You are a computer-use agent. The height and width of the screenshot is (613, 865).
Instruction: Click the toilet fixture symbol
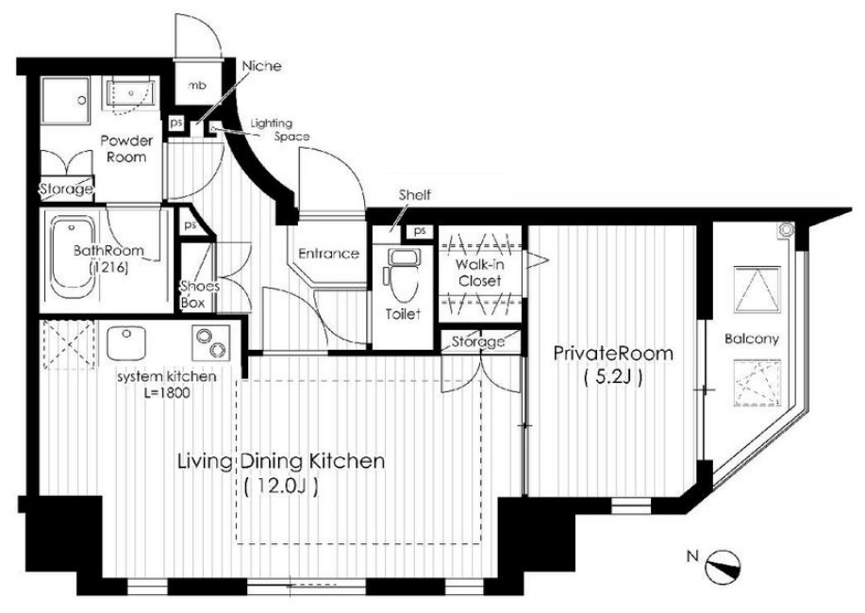pos(402,273)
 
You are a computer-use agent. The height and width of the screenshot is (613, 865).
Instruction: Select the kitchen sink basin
pos(125,342)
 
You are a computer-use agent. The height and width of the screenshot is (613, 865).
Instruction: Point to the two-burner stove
pos(210,342)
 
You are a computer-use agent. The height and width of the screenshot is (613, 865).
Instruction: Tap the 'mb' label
pos(197,86)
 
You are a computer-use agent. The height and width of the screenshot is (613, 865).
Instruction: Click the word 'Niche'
pos(261,66)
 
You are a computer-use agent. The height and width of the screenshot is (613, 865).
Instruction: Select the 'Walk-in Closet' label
pos(479,273)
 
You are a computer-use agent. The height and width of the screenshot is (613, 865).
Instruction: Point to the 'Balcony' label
pos(752,339)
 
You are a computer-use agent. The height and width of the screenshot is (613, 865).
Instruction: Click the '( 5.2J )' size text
pos(612,378)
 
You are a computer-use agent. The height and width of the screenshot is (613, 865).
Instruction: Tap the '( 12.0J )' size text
pos(281,487)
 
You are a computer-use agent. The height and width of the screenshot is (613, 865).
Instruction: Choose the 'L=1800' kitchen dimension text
pos(168,393)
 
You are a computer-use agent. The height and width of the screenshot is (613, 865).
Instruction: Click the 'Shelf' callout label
pos(415,195)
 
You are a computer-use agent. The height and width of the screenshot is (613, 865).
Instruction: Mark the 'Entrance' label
pos(329,254)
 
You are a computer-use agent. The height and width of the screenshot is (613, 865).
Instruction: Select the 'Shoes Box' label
pos(192,294)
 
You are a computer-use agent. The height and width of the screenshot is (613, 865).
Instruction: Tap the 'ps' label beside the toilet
pos(420,231)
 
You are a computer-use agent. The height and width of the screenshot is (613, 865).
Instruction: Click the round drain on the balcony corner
pos(785,231)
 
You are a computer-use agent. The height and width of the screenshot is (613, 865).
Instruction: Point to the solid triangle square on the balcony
pos(757,290)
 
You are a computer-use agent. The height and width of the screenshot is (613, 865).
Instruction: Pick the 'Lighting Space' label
pos(280,129)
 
